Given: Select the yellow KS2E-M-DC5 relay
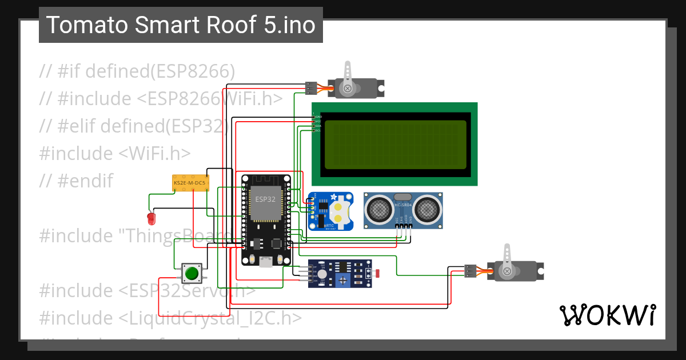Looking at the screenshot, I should tap(190, 183).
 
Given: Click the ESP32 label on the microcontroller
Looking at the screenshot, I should tap(265, 199).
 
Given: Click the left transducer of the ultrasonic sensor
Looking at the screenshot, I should tap(378, 210).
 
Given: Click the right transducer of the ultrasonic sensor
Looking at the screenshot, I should tap(428, 210).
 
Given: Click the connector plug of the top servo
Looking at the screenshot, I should tap(311, 88).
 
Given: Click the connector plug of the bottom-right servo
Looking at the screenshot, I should tap(470, 271).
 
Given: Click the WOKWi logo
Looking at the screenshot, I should tap(607, 315).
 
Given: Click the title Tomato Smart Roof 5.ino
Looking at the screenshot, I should tap(181, 25).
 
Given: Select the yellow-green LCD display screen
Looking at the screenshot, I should tap(395, 145).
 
